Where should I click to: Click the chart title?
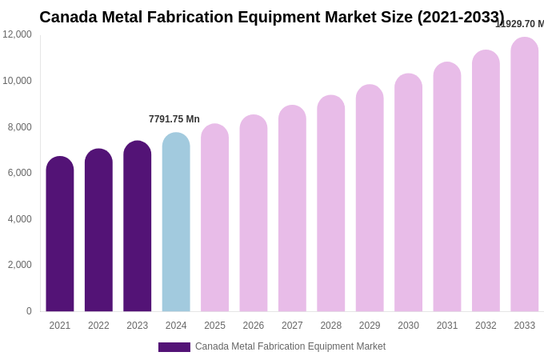tap(272, 17)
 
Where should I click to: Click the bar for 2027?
tap(292, 209)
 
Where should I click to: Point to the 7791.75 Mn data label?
tap(174, 119)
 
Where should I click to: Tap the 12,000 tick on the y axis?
tap(17, 34)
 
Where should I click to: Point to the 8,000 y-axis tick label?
tap(17, 126)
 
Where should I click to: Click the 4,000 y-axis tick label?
tap(17, 219)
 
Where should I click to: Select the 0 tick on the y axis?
tap(29, 311)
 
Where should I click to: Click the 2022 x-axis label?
tap(98, 326)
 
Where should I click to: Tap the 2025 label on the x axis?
tap(214, 326)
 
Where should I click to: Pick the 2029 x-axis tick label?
tap(370, 326)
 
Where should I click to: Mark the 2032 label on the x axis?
tap(486, 326)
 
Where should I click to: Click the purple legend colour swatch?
tap(174, 347)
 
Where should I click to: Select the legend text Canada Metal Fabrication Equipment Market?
tap(290, 346)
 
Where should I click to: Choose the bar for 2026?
tap(254, 214)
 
